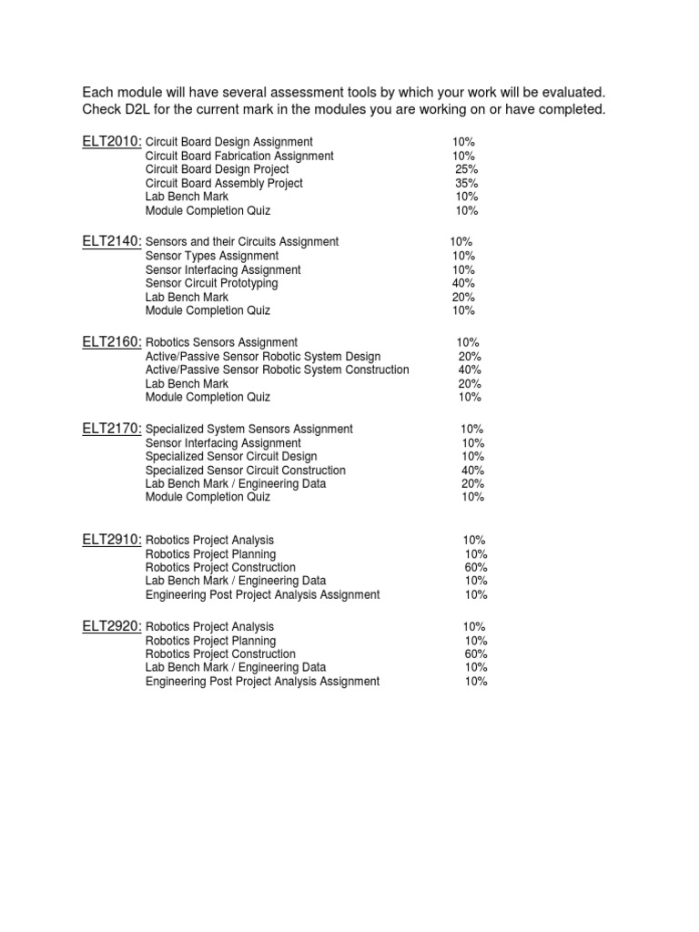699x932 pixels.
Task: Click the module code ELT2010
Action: pos(111,141)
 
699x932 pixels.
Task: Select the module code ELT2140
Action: pos(111,241)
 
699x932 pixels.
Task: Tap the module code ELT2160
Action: pos(111,342)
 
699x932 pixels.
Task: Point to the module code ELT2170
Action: pos(111,429)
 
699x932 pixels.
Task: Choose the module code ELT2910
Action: pos(111,540)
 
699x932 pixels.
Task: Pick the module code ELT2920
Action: pos(111,626)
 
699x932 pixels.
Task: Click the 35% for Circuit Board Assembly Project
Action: pos(467,183)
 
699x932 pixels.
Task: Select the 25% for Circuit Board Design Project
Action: pos(467,169)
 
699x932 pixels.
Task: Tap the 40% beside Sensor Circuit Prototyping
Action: pos(463,283)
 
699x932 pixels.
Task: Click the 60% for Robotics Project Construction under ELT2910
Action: pos(476,567)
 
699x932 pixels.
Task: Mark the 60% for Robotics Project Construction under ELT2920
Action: pos(476,653)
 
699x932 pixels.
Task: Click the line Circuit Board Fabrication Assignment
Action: pos(239,156)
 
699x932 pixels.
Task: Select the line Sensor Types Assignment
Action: pos(212,256)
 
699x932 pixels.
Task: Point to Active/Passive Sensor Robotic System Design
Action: pos(263,356)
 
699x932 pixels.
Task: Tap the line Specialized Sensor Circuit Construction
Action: pos(246,470)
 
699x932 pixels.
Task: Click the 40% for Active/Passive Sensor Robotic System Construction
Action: pos(470,370)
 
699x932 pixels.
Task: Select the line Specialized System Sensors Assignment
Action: pos(249,429)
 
